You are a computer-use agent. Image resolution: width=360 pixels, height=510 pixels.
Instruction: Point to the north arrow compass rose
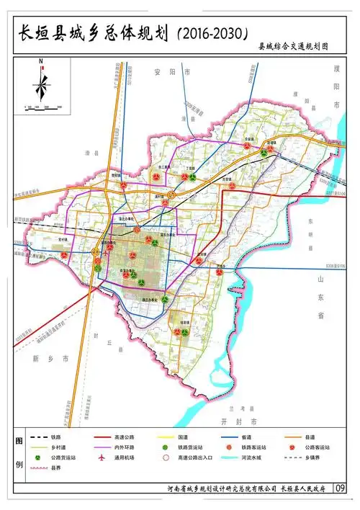(41, 85)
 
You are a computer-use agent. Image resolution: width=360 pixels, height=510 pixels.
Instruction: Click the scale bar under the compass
(42, 108)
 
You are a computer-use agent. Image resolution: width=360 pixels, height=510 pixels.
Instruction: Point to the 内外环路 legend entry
(125, 447)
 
